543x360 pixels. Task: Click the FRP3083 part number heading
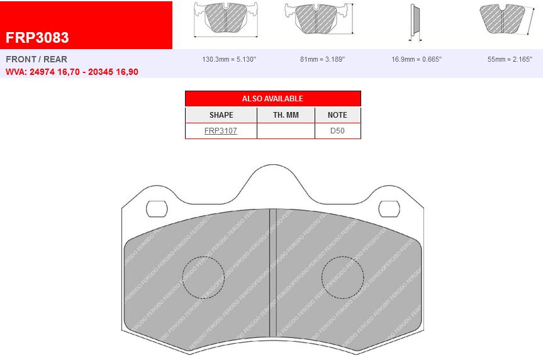[x=38, y=38]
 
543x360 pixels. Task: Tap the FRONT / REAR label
[x=36, y=59]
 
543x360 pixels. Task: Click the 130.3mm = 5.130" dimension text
[x=229, y=59]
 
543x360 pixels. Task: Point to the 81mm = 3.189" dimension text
[x=322, y=59]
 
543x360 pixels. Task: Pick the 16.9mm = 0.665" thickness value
[x=416, y=59]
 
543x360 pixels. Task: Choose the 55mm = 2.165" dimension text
[x=509, y=59]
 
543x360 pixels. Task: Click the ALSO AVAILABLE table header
[x=272, y=99]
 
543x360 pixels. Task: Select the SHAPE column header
[x=221, y=115]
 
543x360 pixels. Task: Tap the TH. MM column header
[x=286, y=115]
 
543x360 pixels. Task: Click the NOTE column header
[x=337, y=115]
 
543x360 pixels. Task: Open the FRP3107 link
[x=221, y=131]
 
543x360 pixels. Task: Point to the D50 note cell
[x=337, y=131]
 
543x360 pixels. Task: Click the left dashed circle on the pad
[x=203, y=278]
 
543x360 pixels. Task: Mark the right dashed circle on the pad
[x=343, y=278]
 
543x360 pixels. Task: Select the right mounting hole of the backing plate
[x=389, y=208]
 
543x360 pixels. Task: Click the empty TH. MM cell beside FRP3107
[x=286, y=131]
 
